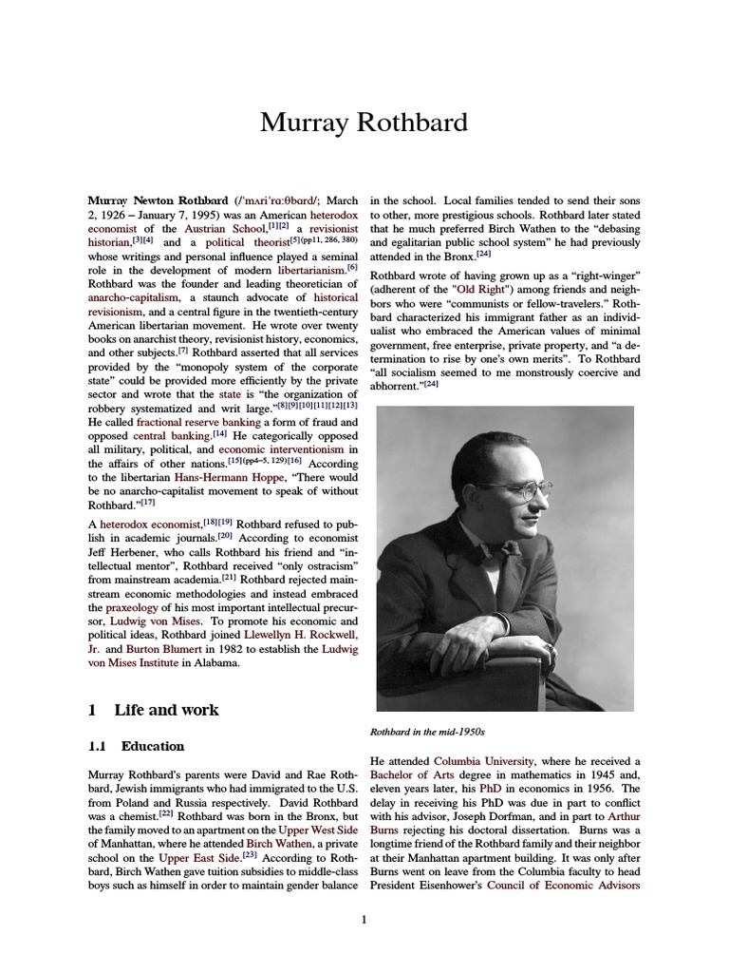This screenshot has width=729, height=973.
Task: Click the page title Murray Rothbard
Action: [x=364, y=124]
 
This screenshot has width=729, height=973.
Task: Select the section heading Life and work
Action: [x=166, y=710]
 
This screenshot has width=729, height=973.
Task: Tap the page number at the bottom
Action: [x=364, y=919]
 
